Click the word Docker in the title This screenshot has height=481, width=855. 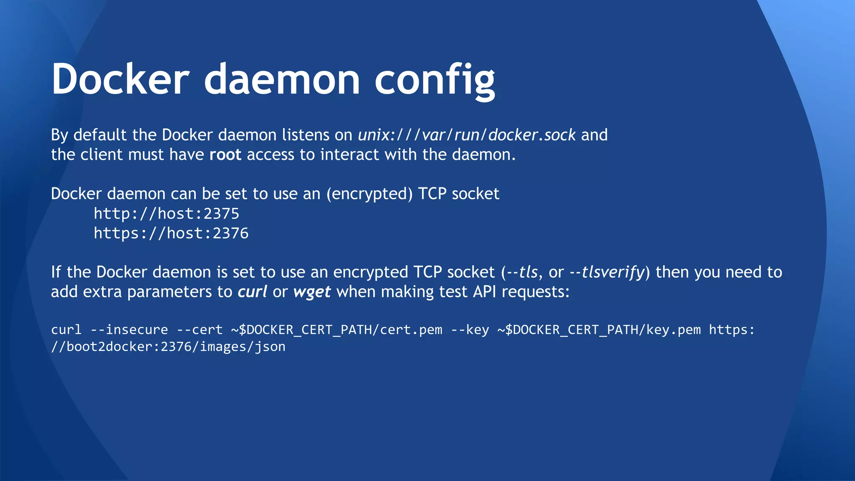120,79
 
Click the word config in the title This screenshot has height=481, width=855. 435,79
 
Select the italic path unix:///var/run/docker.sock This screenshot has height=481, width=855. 467,135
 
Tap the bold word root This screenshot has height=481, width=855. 225,154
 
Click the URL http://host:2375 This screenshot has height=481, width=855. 166,214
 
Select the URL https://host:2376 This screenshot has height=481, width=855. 171,233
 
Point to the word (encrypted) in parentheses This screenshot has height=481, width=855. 369,194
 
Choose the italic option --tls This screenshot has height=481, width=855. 522,272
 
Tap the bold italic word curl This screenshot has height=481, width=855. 252,291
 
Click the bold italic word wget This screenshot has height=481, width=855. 312,291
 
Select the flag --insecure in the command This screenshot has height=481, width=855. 129,330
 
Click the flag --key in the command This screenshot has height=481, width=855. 470,330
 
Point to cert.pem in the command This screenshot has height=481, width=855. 411,330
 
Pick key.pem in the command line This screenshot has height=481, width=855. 673,330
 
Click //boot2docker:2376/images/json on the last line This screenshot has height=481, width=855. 168,347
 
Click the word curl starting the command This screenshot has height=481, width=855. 66,330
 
